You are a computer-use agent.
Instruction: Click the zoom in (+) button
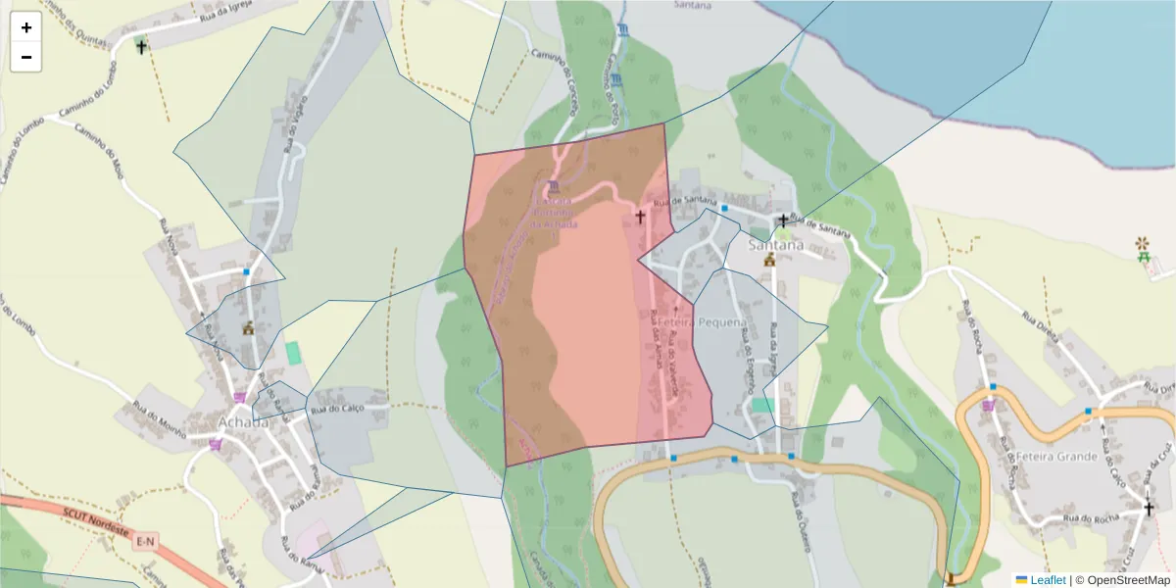(x=26, y=28)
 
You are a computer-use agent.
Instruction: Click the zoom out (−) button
(x=26, y=58)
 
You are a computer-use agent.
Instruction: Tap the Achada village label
(x=242, y=422)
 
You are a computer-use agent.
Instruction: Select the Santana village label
(x=775, y=245)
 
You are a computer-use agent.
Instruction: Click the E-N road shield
(x=146, y=541)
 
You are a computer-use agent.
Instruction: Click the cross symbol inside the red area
(x=641, y=217)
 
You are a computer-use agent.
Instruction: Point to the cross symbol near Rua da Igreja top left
(x=141, y=45)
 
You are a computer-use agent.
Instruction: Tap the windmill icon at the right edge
(x=1142, y=242)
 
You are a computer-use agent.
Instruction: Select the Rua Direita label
(x=1042, y=326)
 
